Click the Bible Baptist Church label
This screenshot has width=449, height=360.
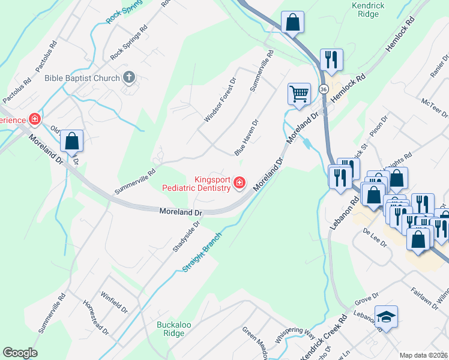click(x=82, y=77)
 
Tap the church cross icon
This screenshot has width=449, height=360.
click(x=128, y=77)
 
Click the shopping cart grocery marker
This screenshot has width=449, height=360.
click(x=299, y=93)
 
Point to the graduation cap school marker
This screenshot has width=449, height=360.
click(x=386, y=316)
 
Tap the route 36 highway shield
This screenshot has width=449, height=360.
click(x=324, y=88)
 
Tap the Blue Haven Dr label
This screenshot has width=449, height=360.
click(x=246, y=137)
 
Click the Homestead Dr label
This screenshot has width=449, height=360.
click(x=96, y=317)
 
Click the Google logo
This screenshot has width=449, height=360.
click(x=20, y=353)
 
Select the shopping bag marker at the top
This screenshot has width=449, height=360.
click(x=293, y=23)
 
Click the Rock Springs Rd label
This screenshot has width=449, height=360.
click(x=128, y=44)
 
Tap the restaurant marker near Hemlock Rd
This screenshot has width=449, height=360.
click(x=331, y=59)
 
